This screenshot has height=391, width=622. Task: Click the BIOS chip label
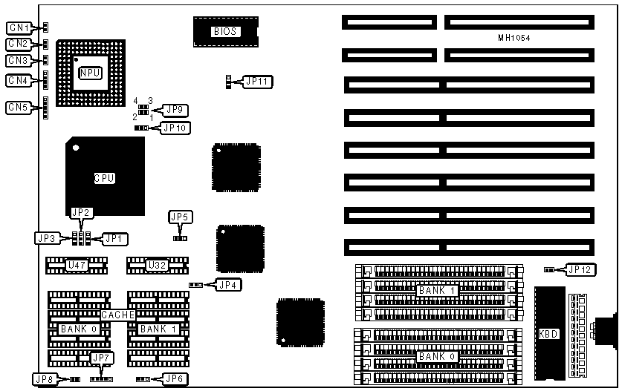pyautogui.click(x=225, y=31)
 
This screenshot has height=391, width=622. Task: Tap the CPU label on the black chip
pyautogui.click(x=105, y=178)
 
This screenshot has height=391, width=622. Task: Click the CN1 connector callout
pyautogui.click(x=18, y=27)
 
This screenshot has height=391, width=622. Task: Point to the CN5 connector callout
pyautogui.click(x=18, y=108)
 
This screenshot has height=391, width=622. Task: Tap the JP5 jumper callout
pyautogui.click(x=180, y=217)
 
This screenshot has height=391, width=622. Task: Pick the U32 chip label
pyautogui.click(x=156, y=265)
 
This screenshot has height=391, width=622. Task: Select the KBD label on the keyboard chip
pyautogui.click(x=548, y=334)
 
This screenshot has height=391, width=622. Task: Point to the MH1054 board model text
pyautogui.click(x=515, y=37)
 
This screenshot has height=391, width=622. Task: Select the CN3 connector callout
pyautogui.click(x=18, y=60)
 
